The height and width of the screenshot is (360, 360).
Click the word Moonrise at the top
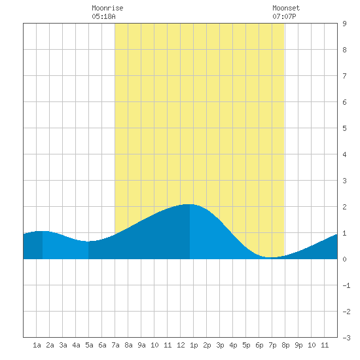[x=107, y=8]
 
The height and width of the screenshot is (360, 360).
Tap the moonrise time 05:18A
[x=103, y=16]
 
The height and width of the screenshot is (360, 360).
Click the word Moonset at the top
[x=286, y=8]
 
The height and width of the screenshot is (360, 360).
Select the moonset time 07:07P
[x=284, y=16]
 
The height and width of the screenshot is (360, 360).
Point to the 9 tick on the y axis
[x=344, y=24]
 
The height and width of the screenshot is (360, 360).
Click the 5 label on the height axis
[x=344, y=128]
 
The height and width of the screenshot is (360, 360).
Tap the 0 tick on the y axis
[x=344, y=259]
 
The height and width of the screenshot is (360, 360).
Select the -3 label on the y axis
[x=346, y=338]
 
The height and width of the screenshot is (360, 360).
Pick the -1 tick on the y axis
[x=346, y=285]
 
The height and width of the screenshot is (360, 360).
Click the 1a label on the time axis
[x=37, y=345]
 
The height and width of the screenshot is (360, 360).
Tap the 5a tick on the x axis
[x=89, y=345]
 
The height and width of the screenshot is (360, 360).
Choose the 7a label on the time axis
[x=115, y=345]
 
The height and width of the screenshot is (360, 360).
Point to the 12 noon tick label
[x=181, y=345]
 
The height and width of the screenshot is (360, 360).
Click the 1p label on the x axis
[x=194, y=345]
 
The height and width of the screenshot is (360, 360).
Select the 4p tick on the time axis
[x=233, y=345]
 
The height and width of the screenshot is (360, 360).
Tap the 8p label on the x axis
[x=285, y=345]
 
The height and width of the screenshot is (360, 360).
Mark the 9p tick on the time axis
[x=298, y=345]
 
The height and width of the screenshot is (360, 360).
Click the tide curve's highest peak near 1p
[x=190, y=204]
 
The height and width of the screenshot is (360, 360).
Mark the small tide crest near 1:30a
[x=43, y=231]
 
